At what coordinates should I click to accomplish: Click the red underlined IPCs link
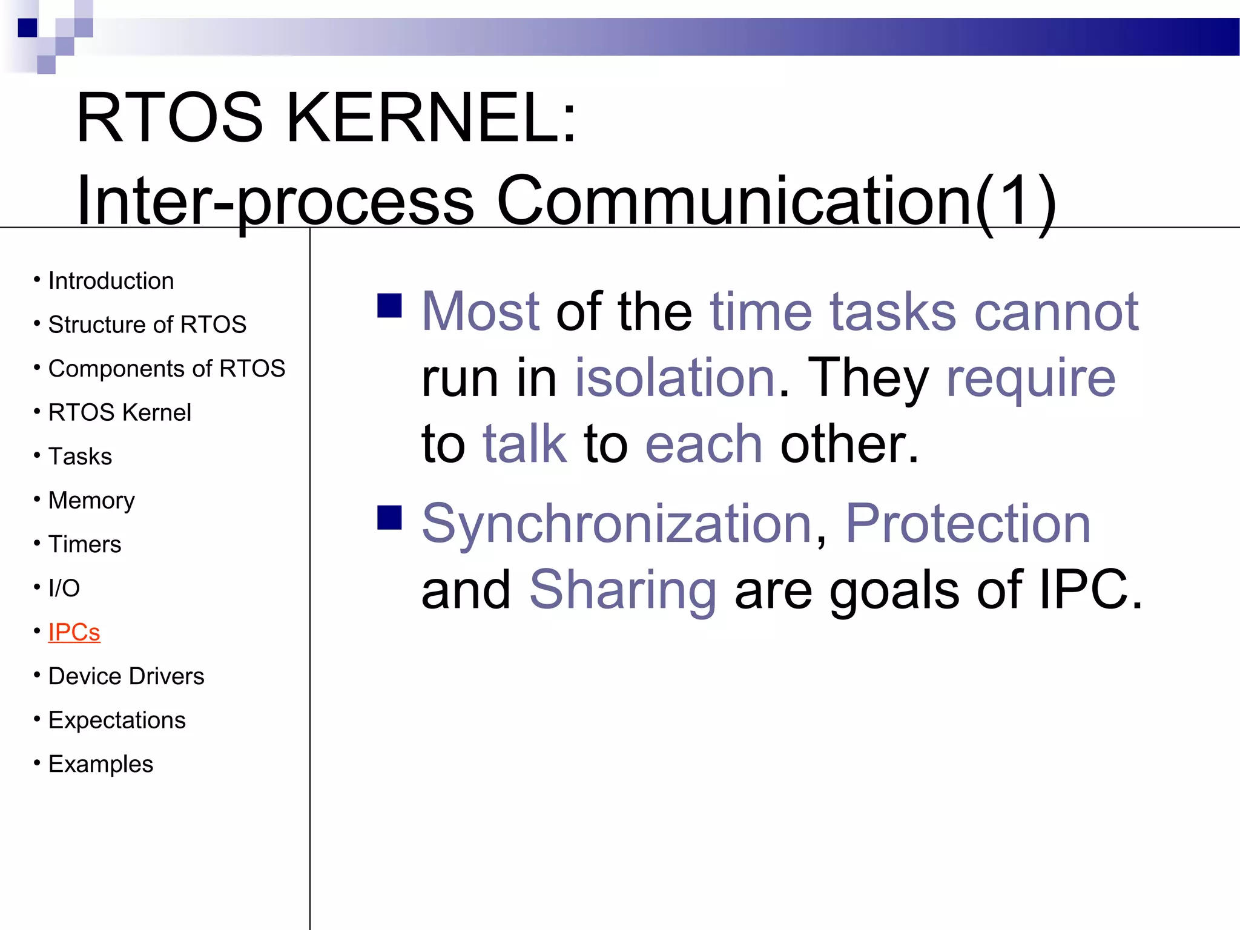tap(74, 632)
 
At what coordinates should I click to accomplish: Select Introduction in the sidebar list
tap(111, 281)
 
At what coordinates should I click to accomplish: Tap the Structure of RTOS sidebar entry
tap(147, 325)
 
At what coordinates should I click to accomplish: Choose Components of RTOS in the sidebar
tap(167, 369)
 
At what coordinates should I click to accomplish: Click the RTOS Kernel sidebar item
tap(119, 412)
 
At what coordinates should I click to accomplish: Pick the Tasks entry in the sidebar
tap(80, 457)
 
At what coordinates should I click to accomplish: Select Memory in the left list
tap(91, 501)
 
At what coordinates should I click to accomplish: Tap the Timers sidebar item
tap(85, 544)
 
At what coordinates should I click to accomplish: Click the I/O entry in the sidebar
tap(64, 588)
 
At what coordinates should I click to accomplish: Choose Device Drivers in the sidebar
tap(126, 676)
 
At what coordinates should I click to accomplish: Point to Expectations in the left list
tap(117, 720)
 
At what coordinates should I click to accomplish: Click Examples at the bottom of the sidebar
tap(101, 764)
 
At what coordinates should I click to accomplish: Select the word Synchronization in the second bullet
tap(616, 523)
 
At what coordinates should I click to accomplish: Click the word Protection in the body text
tap(968, 523)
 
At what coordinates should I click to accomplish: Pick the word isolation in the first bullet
tap(674, 378)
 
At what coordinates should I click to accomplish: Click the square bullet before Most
tap(389, 306)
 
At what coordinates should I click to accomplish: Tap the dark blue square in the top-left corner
tap(27, 28)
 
